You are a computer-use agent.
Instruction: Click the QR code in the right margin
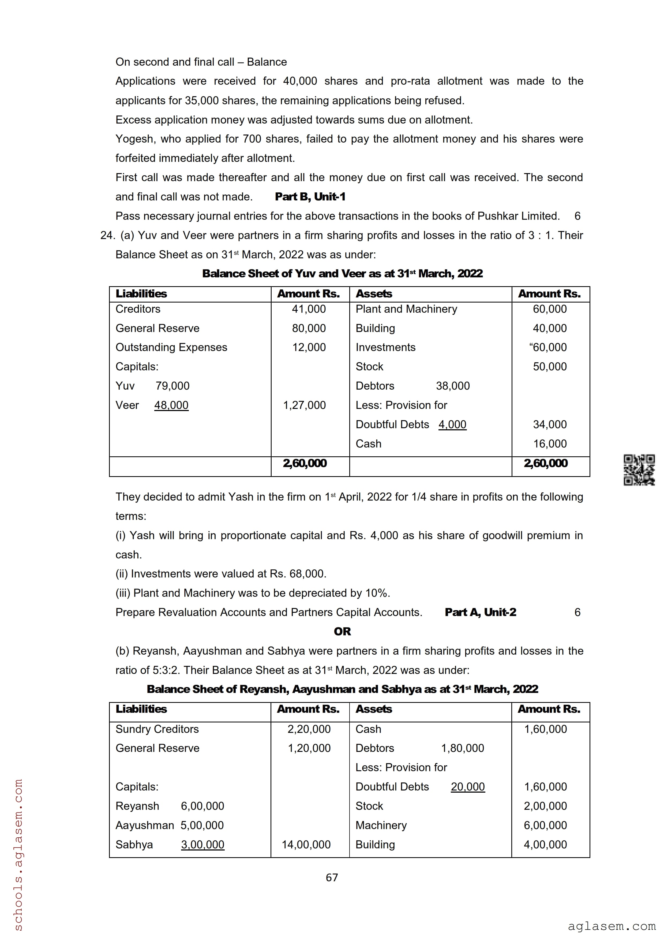pyautogui.click(x=639, y=470)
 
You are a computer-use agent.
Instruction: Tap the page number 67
pyautogui.click(x=332, y=877)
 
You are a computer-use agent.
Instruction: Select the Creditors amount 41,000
pyautogui.click(x=309, y=309)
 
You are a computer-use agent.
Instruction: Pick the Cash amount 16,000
pyautogui.click(x=549, y=444)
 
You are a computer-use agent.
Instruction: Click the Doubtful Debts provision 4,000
pyautogui.click(x=452, y=424)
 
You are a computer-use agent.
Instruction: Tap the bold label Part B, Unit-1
pyautogui.click(x=310, y=197)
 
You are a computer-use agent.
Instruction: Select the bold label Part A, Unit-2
pyautogui.click(x=480, y=613)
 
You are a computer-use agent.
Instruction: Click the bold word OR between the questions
pyautogui.click(x=342, y=632)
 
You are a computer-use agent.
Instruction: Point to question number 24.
pyautogui.click(x=107, y=236)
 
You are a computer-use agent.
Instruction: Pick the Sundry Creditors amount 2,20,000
pyautogui.click(x=309, y=729)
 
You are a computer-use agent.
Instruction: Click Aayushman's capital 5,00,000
pyautogui.click(x=202, y=825)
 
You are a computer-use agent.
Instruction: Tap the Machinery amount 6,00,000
pyautogui.click(x=545, y=825)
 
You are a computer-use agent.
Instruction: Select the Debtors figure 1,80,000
pyautogui.click(x=462, y=748)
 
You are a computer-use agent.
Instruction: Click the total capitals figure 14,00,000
pyautogui.click(x=306, y=845)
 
